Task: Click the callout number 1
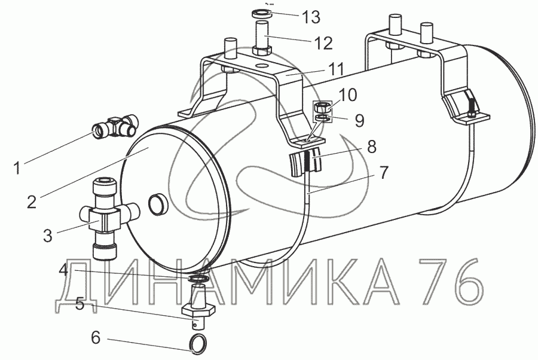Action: (17, 168)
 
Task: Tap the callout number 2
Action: (32, 202)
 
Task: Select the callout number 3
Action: (48, 236)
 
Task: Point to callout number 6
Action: (96, 337)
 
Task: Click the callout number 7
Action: (383, 172)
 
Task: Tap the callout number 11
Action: (335, 69)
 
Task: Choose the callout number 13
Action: (311, 17)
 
